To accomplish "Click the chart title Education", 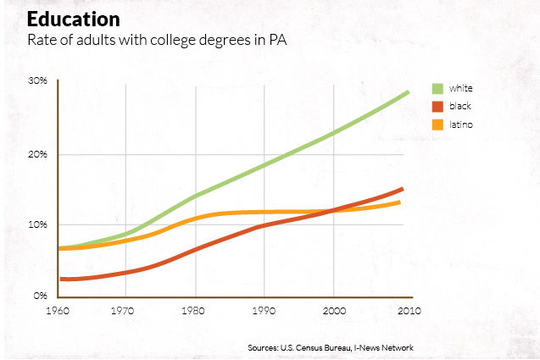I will point(73,19).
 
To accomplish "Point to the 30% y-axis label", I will point(36,80).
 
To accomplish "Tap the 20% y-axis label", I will point(36,154).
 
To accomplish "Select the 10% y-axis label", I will point(36,225).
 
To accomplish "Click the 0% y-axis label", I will point(39,296).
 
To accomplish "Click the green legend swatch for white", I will point(438,88).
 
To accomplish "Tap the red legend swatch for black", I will point(438,107).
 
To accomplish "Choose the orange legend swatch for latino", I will point(438,125).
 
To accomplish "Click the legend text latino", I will point(461,125).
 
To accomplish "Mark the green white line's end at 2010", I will point(409,91).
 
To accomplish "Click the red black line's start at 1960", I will point(61,279).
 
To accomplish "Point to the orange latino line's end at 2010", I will point(399,202).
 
